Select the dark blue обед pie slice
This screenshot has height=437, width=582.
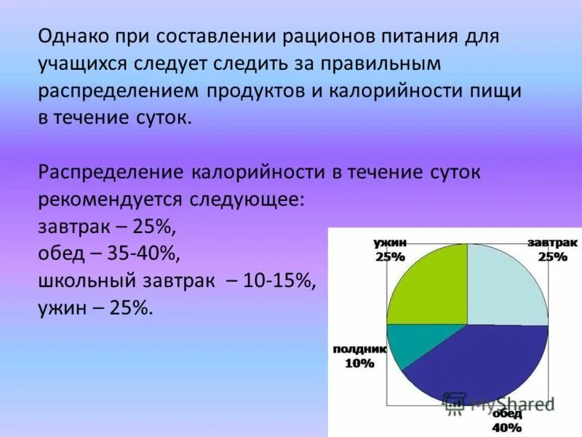(480, 364)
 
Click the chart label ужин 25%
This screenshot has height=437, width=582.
(390, 249)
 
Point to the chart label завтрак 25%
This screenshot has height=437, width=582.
(553, 249)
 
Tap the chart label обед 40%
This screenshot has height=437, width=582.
(507, 420)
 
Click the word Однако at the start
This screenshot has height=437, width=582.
(71, 36)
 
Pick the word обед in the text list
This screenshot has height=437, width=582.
(57, 253)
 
